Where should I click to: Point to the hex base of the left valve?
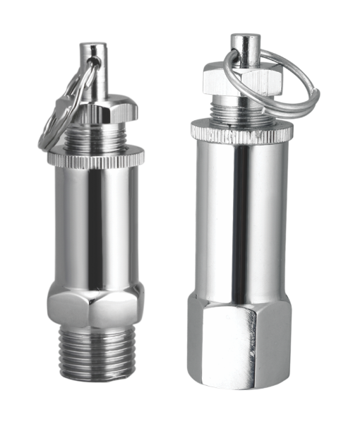point(95,307)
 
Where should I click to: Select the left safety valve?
point(95,233)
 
